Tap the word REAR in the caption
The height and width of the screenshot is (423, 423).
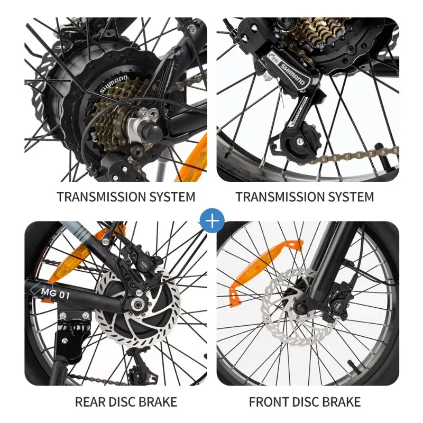pos(90,402)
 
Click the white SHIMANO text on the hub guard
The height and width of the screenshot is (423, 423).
pos(114,84)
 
